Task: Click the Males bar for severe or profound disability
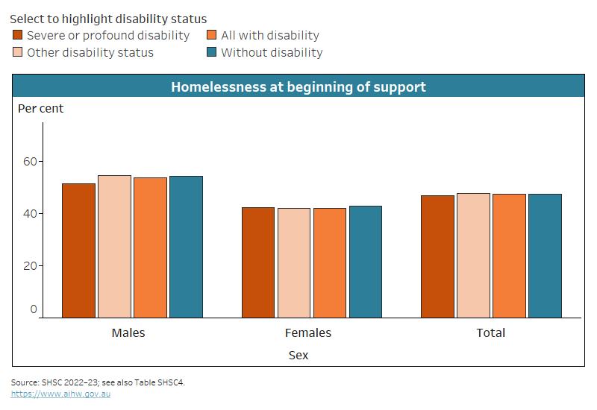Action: point(78,250)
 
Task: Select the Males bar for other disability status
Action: point(114,247)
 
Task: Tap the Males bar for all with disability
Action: point(150,247)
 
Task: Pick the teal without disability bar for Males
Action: point(186,247)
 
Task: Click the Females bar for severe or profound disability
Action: point(257,262)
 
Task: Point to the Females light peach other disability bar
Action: point(293,263)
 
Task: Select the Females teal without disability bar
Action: point(365,262)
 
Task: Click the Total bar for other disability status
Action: point(473,256)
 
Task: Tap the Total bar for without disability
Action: point(545,256)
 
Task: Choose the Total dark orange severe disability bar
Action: point(437,256)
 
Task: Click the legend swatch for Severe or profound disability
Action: point(18,35)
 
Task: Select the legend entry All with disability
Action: point(269,35)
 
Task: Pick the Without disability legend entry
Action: point(272,52)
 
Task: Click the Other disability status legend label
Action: point(90,52)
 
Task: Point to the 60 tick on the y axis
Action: point(30,162)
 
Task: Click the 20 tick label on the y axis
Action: point(30,266)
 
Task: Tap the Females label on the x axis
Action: point(308,332)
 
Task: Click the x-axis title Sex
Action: point(298,355)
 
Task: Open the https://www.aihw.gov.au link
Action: point(60,394)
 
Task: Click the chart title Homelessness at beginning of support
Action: point(298,86)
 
